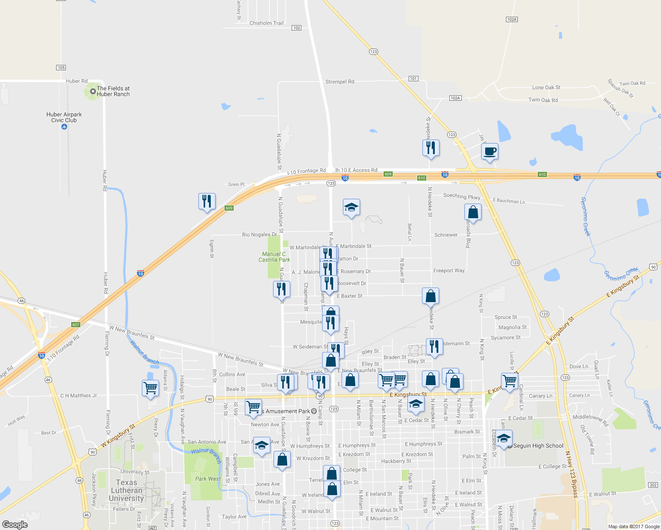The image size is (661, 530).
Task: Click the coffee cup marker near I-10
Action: tap(490, 152)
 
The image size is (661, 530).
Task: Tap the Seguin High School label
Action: tap(538, 446)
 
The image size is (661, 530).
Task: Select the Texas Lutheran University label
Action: tap(126, 490)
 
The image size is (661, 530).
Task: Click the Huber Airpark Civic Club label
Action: tap(64, 117)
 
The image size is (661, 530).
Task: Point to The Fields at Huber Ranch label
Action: tap(113, 91)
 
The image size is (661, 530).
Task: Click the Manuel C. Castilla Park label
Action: tap(274, 257)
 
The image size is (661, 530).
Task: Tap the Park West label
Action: tap(208, 479)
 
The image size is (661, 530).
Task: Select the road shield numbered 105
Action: tap(61, 68)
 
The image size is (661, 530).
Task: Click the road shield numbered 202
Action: tap(653, 485)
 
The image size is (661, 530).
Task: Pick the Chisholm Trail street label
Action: tap(266, 23)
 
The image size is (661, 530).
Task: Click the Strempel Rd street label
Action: tap(339, 82)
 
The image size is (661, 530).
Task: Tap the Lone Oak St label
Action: tap(546, 87)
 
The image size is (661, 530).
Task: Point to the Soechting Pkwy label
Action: tap(461, 196)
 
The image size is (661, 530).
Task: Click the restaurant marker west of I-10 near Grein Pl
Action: tap(207, 201)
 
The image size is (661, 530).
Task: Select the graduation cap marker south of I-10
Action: tap(351, 207)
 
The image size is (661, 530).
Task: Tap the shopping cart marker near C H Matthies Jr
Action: tap(151, 388)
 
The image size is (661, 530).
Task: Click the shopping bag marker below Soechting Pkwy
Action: tap(473, 212)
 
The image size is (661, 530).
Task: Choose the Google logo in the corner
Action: tap(15, 524)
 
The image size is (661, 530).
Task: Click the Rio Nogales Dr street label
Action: tap(259, 235)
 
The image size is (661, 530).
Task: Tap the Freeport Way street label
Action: tap(449, 271)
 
